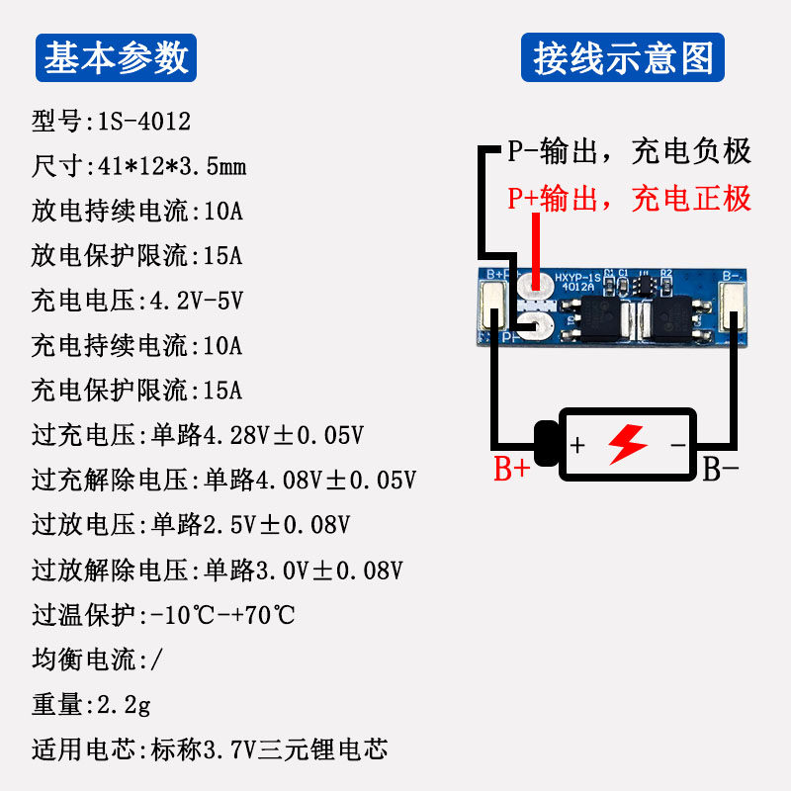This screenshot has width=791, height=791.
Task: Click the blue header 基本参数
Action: tap(117, 58)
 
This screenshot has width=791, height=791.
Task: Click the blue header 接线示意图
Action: tap(623, 58)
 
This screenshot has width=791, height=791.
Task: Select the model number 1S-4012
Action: tap(143, 122)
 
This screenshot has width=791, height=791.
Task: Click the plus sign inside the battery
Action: tap(578, 445)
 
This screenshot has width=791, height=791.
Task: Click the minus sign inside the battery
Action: tap(678, 445)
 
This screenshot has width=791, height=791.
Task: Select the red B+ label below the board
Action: tap(512, 470)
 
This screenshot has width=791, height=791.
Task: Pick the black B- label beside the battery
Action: tap(721, 470)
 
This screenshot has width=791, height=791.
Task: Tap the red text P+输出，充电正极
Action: tap(630, 199)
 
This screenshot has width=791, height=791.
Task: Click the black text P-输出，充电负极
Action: tap(630, 151)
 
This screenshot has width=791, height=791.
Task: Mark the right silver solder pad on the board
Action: tap(734, 306)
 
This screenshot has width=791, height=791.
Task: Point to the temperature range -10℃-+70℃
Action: tap(222, 615)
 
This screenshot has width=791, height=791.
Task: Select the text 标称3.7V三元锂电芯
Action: tap(269, 749)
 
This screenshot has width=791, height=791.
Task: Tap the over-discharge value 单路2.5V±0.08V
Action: tap(251, 525)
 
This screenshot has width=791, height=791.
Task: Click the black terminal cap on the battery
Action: tap(545, 445)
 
